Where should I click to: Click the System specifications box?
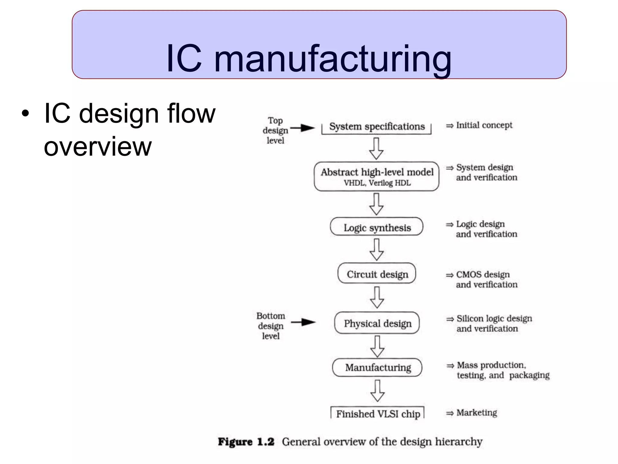point(377,127)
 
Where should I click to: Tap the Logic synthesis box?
point(377,227)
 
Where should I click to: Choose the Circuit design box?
point(377,274)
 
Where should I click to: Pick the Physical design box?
point(377,323)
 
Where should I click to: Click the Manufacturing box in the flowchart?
point(377,367)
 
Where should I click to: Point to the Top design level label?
point(275,130)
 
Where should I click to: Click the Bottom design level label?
point(271,326)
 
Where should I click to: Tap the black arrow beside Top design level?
point(303,128)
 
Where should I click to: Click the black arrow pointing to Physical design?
point(303,322)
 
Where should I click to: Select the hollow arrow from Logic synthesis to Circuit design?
point(377,250)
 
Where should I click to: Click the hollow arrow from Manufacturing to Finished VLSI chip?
point(377,391)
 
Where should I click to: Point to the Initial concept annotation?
point(484,125)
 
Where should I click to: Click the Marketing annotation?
point(476,413)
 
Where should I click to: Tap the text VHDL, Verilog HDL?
point(377,183)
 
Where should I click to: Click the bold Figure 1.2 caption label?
point(246,442)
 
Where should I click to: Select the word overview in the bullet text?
point(97,147)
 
